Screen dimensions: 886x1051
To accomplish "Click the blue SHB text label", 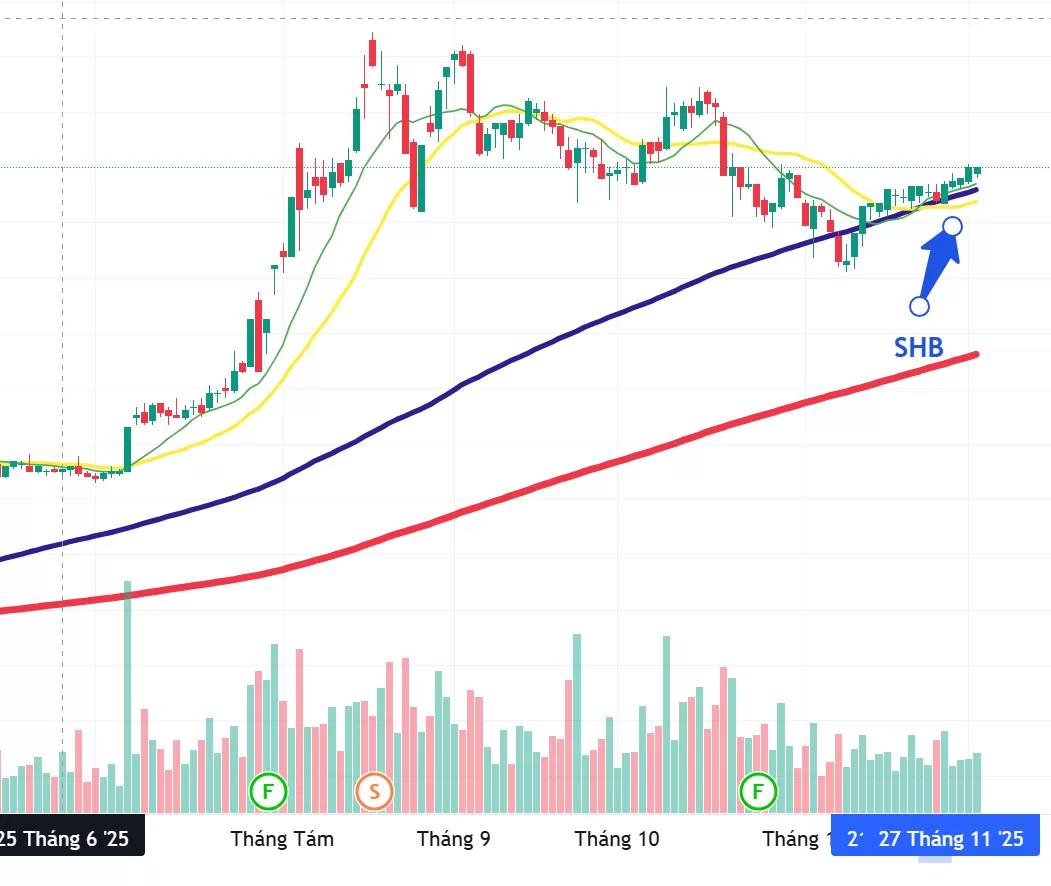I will [918, 346].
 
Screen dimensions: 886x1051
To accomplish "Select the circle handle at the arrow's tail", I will [919, 305].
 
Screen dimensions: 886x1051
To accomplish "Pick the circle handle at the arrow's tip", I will [953, 226].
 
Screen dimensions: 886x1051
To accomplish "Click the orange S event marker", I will [375, 792].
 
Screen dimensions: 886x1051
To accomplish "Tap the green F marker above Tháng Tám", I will [268, 792].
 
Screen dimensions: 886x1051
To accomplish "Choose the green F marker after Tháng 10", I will [758, 792].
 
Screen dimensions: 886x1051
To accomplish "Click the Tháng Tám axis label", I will [282, 838].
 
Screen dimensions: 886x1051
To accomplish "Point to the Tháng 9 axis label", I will [454, 838].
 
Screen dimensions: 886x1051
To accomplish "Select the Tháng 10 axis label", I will [617, 838].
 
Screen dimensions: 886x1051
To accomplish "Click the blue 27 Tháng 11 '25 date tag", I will [950, 838].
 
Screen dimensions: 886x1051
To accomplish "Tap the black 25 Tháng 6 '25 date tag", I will [70, 838].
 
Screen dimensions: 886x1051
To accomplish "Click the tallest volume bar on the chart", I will [127, 696].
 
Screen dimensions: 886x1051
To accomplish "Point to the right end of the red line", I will [975, 353].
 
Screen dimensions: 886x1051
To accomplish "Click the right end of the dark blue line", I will [975, 188].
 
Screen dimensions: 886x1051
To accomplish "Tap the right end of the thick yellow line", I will [975, 201].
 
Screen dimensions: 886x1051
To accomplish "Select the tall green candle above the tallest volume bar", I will [127, 448].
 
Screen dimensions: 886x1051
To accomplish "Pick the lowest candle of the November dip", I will [847, 262].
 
